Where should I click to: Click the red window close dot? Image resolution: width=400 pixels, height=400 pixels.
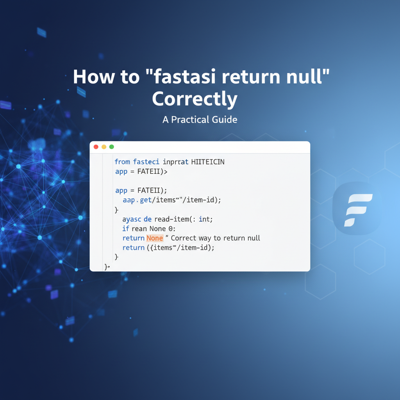[x=96, y=147]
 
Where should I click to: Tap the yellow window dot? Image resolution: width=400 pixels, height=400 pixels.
[x=104, y=147]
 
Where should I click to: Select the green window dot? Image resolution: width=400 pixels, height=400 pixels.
[x=112, y=147]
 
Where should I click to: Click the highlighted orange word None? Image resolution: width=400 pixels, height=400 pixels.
[x=155, y=238]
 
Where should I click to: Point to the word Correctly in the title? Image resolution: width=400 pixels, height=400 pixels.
[x=195, y=99]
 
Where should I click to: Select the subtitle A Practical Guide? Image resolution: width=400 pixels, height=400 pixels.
[x=200, y=120]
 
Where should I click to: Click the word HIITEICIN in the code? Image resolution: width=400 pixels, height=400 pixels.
[x=208, y=162]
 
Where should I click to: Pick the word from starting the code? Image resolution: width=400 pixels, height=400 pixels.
[x=122, y=162]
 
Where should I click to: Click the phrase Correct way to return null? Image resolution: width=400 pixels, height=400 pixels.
[x=216, y=238]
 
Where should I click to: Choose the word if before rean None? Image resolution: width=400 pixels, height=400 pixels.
[x=125, y=229]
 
